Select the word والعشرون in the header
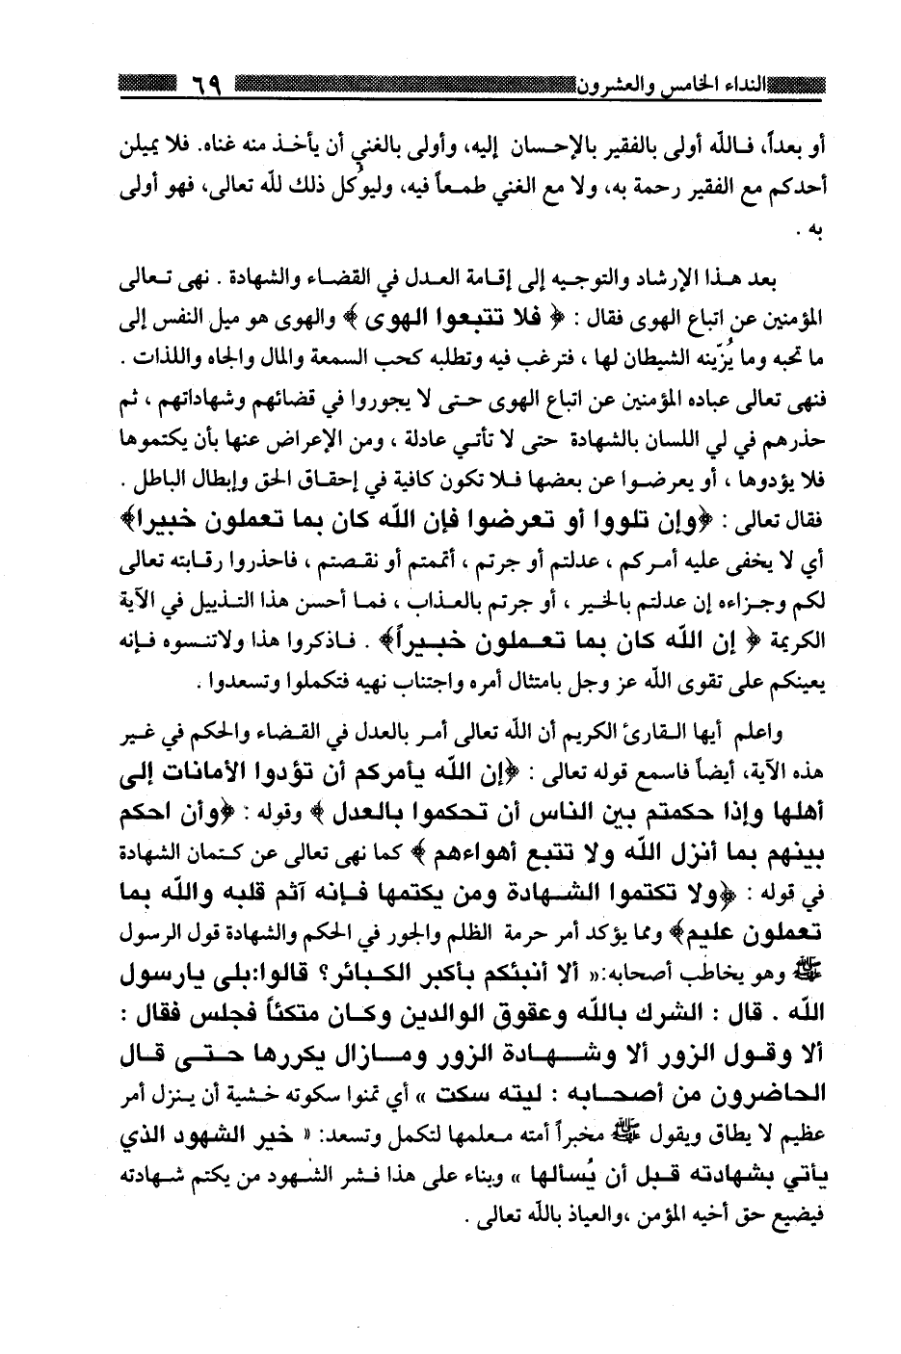click(x=613, y=87)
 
